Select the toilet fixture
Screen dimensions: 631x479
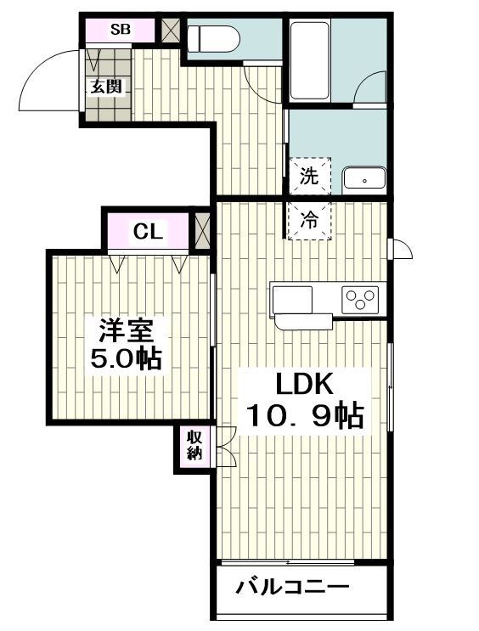tap(213, 38)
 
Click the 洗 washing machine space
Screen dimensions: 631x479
tap(309, 177)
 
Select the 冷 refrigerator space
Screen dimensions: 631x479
tap(309, 221)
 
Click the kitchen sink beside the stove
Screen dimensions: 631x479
tap(293, 299)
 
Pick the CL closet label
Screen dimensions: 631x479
tap(148, 230)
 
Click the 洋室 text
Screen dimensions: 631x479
tap(127, 328)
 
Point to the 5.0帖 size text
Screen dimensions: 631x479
tap(127, 358)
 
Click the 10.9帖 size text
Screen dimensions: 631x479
tap(306, 415)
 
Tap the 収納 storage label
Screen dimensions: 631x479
tap(194, 447)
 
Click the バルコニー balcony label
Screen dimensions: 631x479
tap(292, 587)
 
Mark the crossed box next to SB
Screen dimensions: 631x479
tap(171, 30)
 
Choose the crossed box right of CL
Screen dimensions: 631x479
tap(202, 230)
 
